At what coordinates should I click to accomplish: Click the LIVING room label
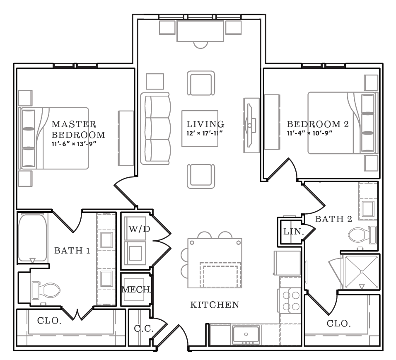tap(205, 124)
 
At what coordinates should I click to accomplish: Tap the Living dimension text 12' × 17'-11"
tap(204, 133)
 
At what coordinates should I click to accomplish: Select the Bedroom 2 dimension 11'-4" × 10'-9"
tap(309, 133)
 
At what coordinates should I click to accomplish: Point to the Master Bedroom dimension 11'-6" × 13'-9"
tap(74, 144)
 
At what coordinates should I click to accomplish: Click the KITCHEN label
tap(215, 304)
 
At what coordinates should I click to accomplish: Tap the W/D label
tap(140, 229)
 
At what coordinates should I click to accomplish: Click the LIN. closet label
tap(293, 232)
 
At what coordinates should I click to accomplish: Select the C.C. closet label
tap(144, 329)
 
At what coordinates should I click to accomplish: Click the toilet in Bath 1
tap(46, 290)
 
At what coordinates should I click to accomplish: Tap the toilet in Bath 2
tap(362, 235)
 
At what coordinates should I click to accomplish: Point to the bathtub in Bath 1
tap(33, 238)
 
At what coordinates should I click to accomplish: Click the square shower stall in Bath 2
tap(362, 272)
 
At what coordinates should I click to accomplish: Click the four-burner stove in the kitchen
tap(290, 301)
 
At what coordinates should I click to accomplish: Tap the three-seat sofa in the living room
tap(155, 128)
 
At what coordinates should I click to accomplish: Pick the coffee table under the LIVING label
tap(200, 128)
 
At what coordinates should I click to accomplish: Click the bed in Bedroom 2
tap(343, 123)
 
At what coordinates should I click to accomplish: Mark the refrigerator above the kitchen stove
tap(287, 263)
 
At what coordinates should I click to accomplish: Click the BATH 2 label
tap(333, 219)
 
